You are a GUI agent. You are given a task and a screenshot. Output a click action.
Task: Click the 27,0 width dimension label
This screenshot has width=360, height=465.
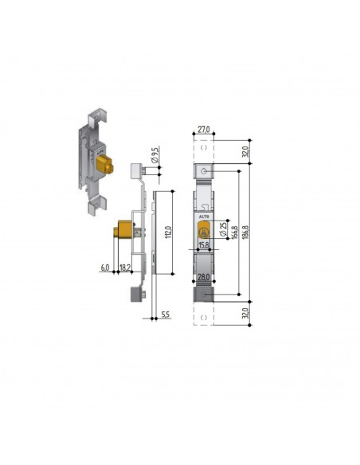point(204,130)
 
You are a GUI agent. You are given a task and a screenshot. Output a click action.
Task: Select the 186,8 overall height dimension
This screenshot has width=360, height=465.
point(246,232)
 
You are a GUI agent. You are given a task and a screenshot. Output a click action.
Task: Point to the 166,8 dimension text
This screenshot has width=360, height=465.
point(235,232)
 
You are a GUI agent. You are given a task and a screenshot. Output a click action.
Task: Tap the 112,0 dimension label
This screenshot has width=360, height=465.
point(168,232)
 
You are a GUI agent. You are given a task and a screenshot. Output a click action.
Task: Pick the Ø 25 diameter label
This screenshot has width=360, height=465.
point(223,229)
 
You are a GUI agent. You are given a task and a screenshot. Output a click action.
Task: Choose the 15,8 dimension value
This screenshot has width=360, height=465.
point(204,245)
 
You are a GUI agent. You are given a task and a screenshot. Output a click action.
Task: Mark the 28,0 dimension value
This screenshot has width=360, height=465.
point(204,277)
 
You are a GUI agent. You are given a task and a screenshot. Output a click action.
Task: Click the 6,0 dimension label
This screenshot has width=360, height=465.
point(105,268)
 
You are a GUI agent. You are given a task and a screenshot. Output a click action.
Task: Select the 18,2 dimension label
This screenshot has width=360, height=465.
point(125,268)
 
